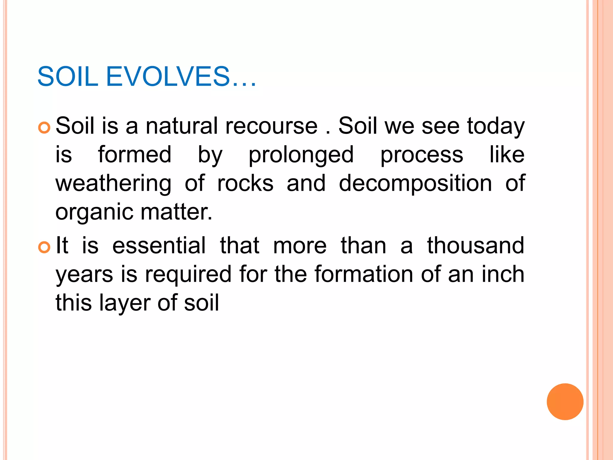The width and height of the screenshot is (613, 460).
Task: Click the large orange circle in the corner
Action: click(565, 402)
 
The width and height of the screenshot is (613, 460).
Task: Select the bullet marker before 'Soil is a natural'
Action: click(44, 128)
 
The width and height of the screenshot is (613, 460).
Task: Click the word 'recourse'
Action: click(271, 126)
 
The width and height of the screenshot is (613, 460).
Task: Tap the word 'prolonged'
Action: click(301, 155)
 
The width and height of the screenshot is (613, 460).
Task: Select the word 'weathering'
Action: click(113, 184)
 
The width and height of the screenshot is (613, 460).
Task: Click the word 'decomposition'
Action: click(415, 184)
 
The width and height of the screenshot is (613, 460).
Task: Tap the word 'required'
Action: click(188, 274)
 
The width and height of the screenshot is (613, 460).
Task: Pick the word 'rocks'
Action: click(245, 184)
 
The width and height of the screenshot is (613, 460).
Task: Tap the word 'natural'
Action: click(181, 126)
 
